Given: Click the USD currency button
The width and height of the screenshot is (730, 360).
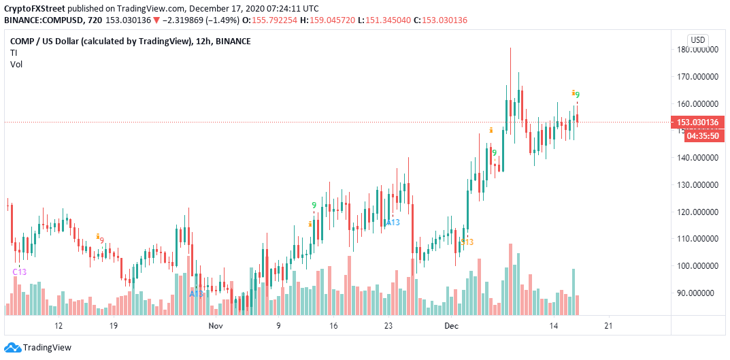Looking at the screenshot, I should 697,39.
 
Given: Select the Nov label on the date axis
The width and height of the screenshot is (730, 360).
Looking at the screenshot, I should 216,326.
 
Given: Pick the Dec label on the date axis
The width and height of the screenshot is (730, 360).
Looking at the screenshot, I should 452,326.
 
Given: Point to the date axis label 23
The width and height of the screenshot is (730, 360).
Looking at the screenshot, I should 388,326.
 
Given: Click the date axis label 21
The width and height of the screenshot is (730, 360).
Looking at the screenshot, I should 609,326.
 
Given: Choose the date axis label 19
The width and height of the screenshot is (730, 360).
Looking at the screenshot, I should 114,326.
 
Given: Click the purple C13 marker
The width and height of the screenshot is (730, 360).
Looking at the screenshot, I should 20,272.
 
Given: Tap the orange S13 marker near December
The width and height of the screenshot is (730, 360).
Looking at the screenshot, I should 467,242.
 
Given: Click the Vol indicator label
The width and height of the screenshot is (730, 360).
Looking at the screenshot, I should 16,64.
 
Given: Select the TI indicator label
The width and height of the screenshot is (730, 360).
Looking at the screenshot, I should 14,52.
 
